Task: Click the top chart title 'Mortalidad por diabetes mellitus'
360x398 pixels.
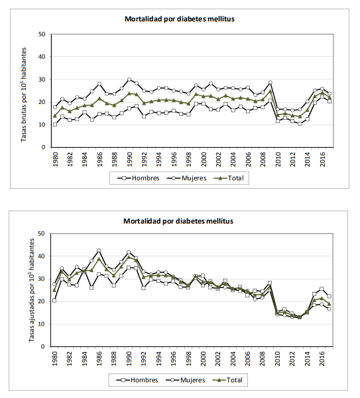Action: point(180,19)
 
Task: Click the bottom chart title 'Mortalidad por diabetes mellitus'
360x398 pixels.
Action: point(178,221)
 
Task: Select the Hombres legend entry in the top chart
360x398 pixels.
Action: point(139,178)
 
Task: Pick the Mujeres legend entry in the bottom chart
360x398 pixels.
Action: point(186,380)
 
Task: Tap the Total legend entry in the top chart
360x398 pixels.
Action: point(229,178)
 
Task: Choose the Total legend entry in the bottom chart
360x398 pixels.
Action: point(227,380)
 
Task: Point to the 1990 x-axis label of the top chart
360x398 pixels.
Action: point(129,159)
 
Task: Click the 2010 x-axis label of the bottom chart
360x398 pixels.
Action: point(277,359)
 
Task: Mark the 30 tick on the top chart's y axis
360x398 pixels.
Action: point(42,79)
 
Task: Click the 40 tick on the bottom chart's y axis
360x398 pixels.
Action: point(41,256)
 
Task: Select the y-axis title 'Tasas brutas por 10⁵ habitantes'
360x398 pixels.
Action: point(24,95)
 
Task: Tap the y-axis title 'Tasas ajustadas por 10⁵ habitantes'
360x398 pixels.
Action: point(31,290)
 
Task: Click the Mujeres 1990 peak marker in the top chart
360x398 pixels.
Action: point(129,79)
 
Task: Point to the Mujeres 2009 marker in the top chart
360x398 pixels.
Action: point(270,82)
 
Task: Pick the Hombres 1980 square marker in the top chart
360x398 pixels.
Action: point(55,124)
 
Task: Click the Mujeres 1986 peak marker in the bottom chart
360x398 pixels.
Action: point(99,250)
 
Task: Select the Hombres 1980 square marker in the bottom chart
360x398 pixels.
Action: point(54,301)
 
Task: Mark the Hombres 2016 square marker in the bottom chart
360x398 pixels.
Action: point(322,289)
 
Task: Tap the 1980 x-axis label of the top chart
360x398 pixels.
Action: point(56,159)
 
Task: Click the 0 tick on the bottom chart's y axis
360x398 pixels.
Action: point(43,347)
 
